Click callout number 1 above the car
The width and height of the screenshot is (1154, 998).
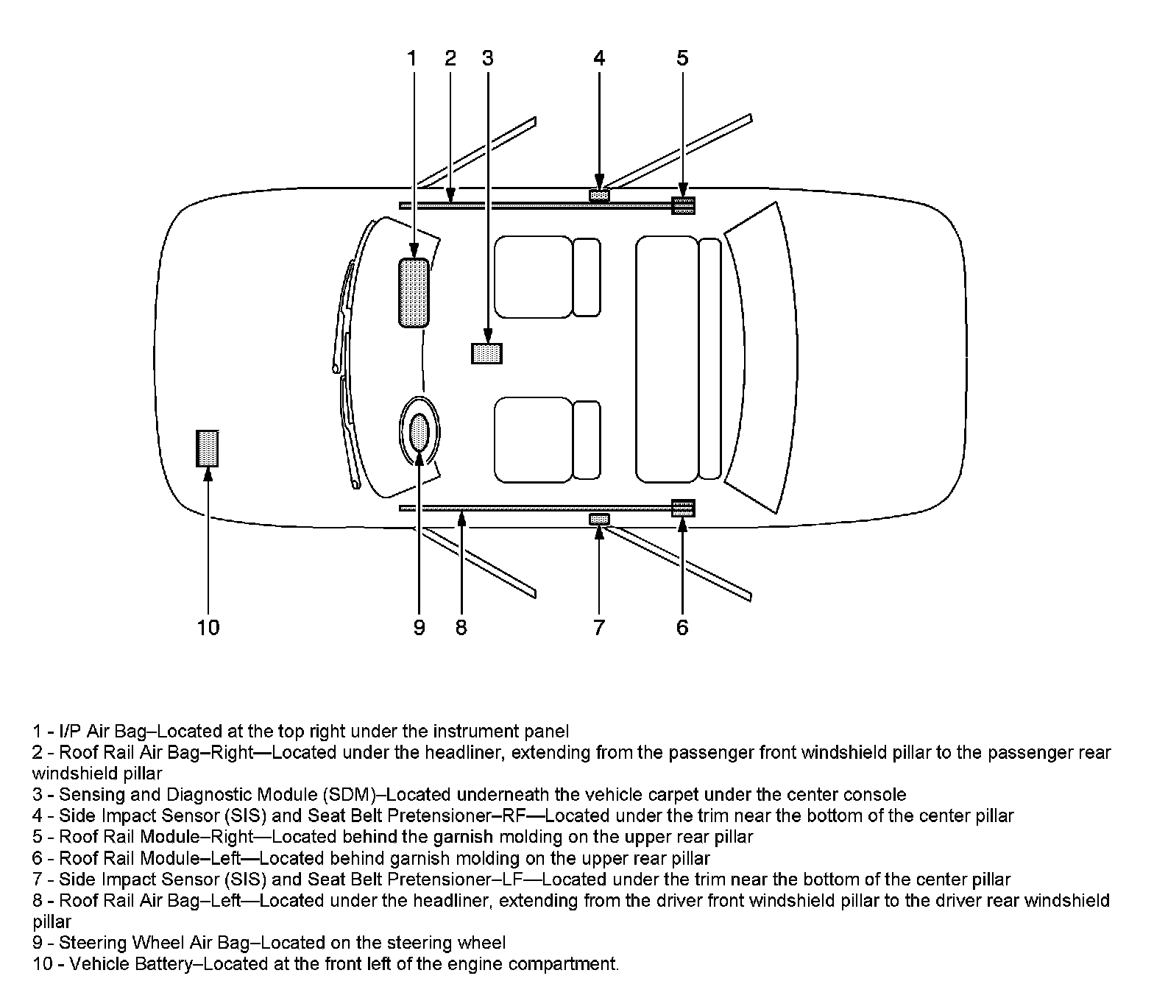tap(412, 58)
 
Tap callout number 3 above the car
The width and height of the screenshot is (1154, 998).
tap(487, 58)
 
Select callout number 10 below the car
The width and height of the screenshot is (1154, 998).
tap(208, 628)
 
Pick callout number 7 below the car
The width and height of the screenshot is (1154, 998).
tap(599, 628)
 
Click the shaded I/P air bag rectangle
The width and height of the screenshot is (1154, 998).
tap(414, 292)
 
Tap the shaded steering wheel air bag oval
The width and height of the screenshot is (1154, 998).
tap(419, 433)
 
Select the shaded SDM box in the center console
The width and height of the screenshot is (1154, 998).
tap(486, 353)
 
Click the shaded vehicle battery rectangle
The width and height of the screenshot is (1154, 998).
tap(208, 447)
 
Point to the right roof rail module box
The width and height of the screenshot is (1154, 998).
tap(683, 205)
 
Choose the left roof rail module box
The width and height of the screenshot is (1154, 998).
tap(683, 508)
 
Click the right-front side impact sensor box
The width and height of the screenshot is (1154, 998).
tap(600, 195)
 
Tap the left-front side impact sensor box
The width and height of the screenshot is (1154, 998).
tap(599, 519)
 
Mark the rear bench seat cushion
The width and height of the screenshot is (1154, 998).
tap(667, 359)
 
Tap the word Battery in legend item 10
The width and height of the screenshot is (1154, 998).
tap(163, 964)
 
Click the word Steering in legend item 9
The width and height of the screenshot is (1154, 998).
tap(88, 943)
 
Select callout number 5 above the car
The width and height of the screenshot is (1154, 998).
tap(682, 58)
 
